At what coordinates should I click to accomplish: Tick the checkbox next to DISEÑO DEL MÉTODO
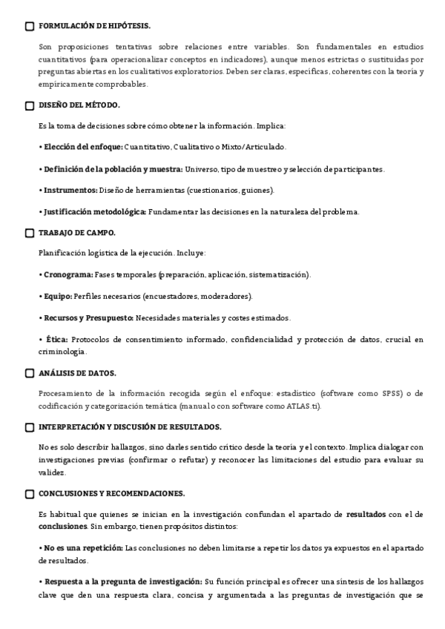(30, 105)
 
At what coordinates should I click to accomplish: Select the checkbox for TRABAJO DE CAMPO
(30, 233)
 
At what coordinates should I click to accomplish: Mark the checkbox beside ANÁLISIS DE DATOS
(30, 373)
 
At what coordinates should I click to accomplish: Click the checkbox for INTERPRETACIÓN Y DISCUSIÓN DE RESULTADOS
(30, 427)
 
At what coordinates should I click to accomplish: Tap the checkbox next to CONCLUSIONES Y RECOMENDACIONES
(30, 493)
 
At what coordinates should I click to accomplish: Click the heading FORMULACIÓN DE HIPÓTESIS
(93, 26)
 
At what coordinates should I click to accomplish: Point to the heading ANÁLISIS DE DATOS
(77, 373)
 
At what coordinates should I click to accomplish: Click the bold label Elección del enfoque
(82, 147)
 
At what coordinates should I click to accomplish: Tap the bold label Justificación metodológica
(93, 211)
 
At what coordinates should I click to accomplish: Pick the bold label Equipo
(58, 297)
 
